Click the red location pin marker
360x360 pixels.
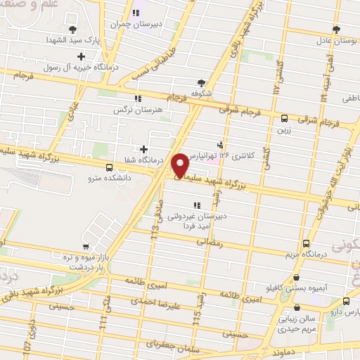click(181, 165)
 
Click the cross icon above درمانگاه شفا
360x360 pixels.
click(143, 149)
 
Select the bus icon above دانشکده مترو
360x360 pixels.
click(109, 167)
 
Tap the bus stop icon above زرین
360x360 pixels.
click(284, 119)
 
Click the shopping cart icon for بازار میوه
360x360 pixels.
click(85, 247)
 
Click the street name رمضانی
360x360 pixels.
click(210, 243)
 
